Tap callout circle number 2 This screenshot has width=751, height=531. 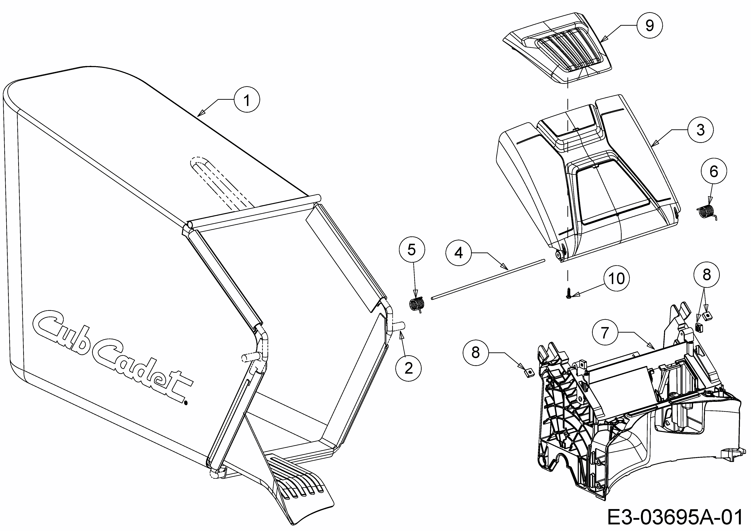[409, 368]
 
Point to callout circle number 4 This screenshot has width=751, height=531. [459, 253]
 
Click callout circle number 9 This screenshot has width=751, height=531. [650, 26]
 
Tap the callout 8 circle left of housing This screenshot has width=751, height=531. [476, 352]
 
